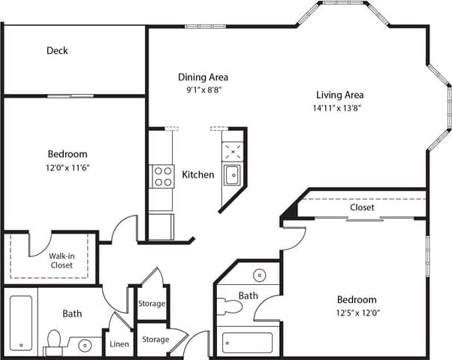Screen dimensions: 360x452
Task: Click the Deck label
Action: tap(57, 51)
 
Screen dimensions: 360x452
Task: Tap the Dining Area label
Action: tap(203, 77)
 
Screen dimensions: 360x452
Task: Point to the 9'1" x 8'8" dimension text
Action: tap(203, 89)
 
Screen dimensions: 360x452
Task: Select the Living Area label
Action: tap(339, 95)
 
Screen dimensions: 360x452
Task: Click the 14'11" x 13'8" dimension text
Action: tap(339, 107)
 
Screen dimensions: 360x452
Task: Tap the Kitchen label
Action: tap(198, 174)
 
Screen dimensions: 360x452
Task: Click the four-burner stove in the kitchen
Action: tap(163, 176)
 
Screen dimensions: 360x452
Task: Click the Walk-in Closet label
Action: tap(61, 260)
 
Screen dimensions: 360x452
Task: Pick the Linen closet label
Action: tap(119, 344)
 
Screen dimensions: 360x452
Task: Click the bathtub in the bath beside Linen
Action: tap(22, 322)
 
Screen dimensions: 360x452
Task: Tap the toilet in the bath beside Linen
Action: tap(53, 342)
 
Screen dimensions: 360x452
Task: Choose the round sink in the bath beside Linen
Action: tap(85, 346)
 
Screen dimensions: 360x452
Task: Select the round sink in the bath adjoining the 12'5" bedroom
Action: tap(259, 274)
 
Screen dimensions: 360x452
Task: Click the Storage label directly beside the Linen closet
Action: tap(155, 340)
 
